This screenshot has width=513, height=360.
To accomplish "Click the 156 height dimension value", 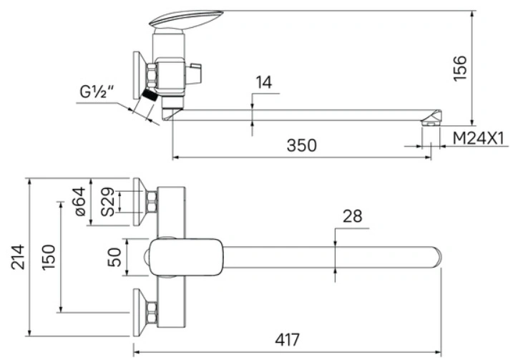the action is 459,68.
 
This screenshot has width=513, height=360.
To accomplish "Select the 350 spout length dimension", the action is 302,145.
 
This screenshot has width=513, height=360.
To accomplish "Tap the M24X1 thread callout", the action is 479,138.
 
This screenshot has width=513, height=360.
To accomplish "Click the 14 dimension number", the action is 264,82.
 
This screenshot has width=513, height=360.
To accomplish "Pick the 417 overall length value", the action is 287,340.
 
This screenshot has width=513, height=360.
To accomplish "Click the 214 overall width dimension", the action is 18,257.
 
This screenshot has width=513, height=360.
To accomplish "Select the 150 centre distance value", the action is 49,257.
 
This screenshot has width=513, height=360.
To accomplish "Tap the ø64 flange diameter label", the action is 80,202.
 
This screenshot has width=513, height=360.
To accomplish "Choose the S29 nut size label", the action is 108,202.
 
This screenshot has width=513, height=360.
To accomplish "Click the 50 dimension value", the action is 114,257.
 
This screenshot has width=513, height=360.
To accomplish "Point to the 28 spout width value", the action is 352,216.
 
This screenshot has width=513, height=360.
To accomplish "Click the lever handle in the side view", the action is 186,19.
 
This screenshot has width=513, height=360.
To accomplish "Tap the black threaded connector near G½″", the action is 150,94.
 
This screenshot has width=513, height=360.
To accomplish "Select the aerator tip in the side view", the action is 431,119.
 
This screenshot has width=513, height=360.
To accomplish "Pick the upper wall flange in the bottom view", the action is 140,202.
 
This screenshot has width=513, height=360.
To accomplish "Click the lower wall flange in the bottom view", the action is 140,313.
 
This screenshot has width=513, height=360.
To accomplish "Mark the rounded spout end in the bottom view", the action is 436,257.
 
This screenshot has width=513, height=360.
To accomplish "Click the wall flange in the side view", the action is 140,75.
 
